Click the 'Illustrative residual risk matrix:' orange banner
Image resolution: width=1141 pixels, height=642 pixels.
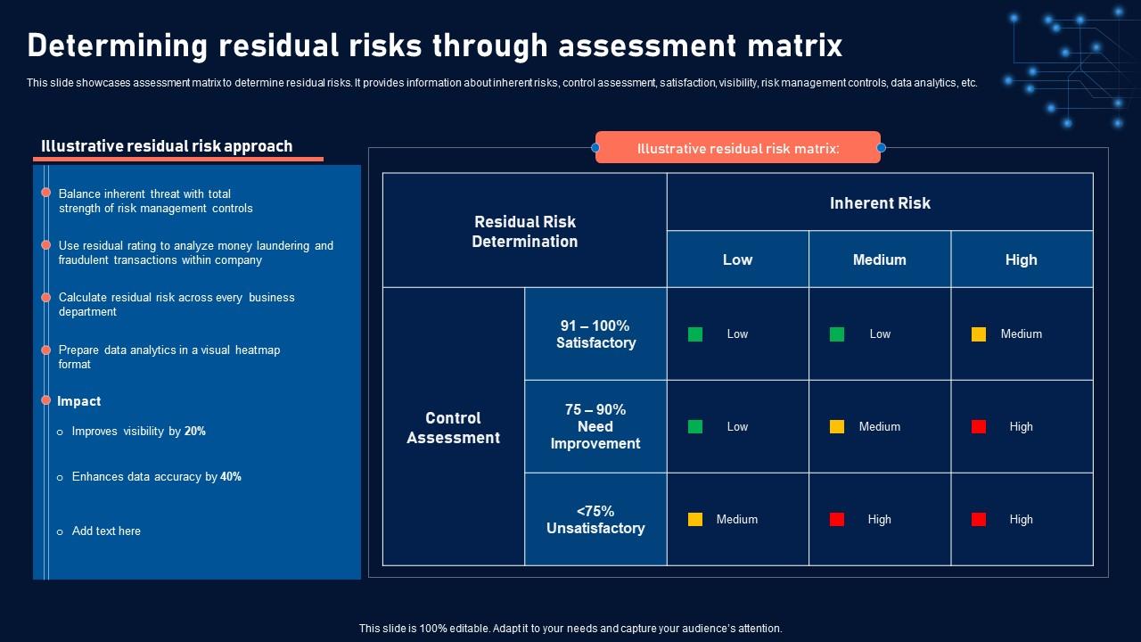coord(738,148)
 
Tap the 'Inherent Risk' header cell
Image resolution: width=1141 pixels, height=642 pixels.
coord(880,203)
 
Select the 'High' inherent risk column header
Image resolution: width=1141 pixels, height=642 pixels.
coord(1021,259)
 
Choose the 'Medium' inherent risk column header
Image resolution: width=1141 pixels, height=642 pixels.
coord(879,259)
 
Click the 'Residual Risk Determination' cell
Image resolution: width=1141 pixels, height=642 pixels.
coord(524,232)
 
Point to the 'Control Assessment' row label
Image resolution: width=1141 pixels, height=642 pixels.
coord(453,428)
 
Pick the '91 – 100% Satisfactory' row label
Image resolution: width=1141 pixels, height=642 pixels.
coord(595,334)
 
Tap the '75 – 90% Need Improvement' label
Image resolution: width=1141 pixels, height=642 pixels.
coord(595,426)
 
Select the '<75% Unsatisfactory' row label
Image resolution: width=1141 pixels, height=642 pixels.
coord(595,520)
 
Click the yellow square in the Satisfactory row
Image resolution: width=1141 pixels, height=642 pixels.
coord(979,334)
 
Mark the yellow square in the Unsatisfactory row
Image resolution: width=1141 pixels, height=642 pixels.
coord(695,519)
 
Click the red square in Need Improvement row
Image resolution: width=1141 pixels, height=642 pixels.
coord(979,426)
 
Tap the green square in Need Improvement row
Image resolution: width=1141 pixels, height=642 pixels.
coord(695,426)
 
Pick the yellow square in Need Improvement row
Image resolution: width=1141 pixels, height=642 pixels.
coord(837,426)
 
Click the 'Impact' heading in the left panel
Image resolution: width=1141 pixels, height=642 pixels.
coord(79,401)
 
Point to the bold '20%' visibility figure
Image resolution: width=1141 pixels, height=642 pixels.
coord(195,432)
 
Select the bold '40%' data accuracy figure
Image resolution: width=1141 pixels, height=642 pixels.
coord(231,477)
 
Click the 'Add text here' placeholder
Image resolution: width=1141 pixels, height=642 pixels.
coord(106,531)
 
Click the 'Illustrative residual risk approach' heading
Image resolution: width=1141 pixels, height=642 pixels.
coord(167,146)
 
